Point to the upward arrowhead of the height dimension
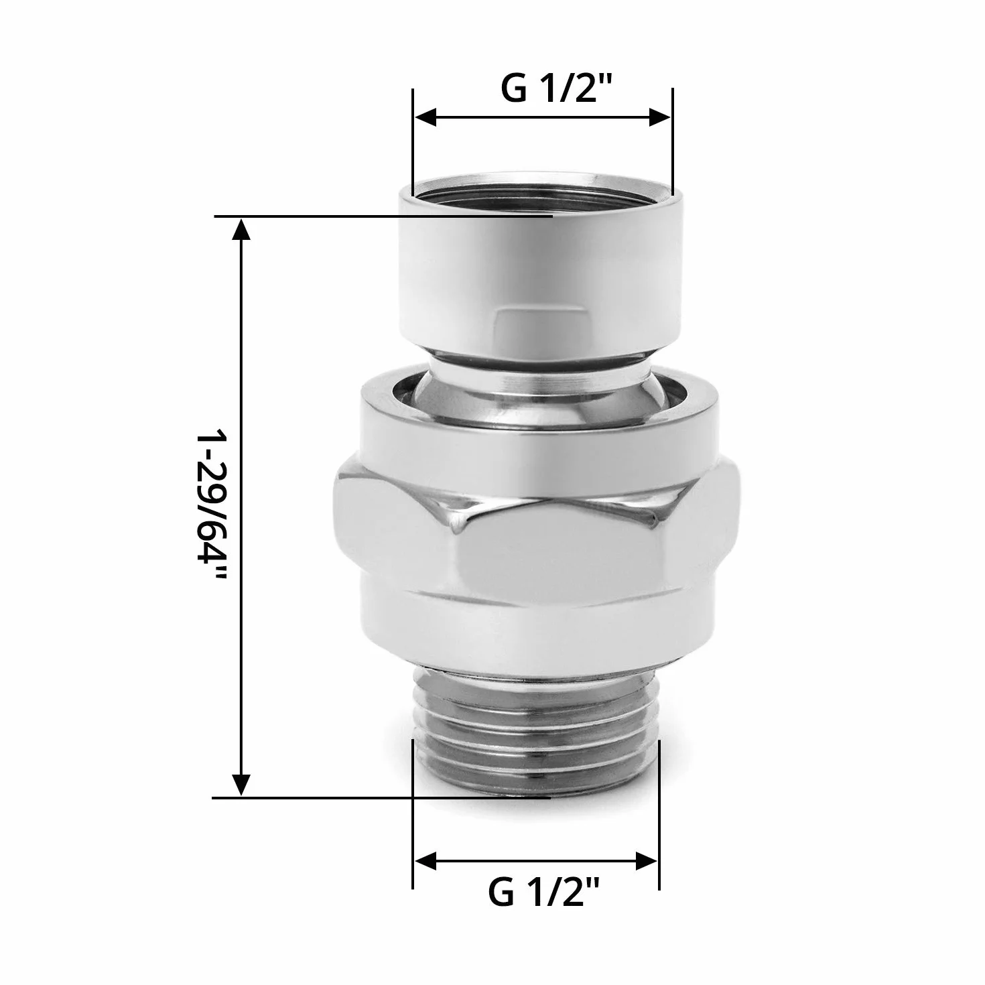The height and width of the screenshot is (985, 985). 241,229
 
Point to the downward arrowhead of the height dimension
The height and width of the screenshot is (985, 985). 241,799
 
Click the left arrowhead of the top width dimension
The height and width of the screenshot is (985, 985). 425,117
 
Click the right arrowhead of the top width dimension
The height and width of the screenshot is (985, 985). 659,117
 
